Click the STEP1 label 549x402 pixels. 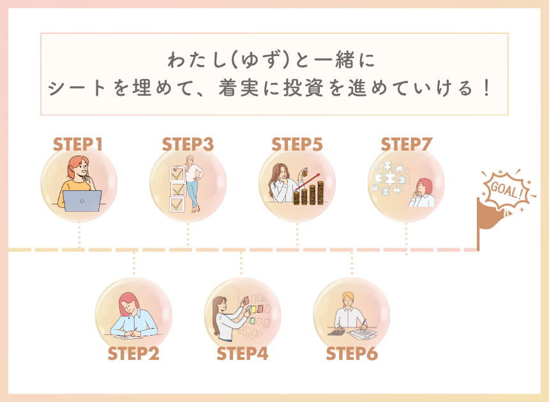(x=78, y=144)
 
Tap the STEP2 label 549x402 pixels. (x=133, y=354)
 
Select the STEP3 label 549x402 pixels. (x=188, y=144)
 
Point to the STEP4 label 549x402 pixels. (x=243, y=354)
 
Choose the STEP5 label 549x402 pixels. (x=297, y=144)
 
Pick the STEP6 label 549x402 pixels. (x=352, y=354)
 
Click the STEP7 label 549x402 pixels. (x=407, y=144)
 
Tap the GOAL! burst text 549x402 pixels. (x=508, y=191)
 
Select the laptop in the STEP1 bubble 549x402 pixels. (x=82, y=201)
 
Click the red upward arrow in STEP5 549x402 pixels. (x=308, y=182)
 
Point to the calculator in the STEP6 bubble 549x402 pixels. (x=336, y=331)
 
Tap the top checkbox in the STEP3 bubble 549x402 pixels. (x=177, y=174)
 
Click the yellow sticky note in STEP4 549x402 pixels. (x=253, y=309)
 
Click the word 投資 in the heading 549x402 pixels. (x=303, y=88)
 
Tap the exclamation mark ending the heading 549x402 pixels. (x=486, y=88)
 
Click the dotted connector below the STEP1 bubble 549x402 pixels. (x=80, y=234)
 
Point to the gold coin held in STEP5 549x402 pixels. (x=305, y=173)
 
